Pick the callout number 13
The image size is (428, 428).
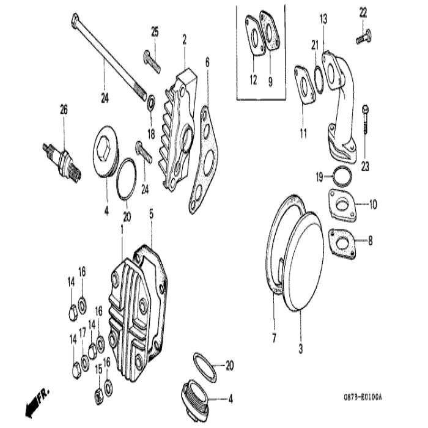(x=323, y=20)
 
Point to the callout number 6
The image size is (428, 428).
(x=207, y=61)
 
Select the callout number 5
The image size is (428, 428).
(x=151, y=215)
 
